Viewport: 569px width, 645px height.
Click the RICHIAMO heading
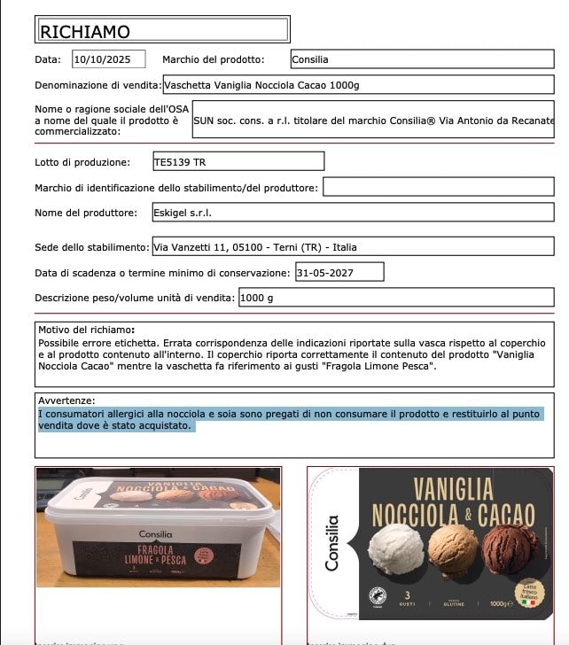pyautogui.click(x=86, y=32)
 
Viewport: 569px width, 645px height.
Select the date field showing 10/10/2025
pyautogui.click(x=108, y=60)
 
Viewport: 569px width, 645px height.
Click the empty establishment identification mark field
pyautogui.click(x=438, y=188)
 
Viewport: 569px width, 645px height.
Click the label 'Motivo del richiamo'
pyautogui.click(x=86, y=330)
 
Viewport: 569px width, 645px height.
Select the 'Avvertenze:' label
pyautogui.click(x=66, y=400)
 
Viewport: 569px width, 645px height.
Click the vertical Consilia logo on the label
pyautogui.click(x=331, y=543)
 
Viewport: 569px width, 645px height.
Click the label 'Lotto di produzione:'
pyautogui.click(x=82, y=162)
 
